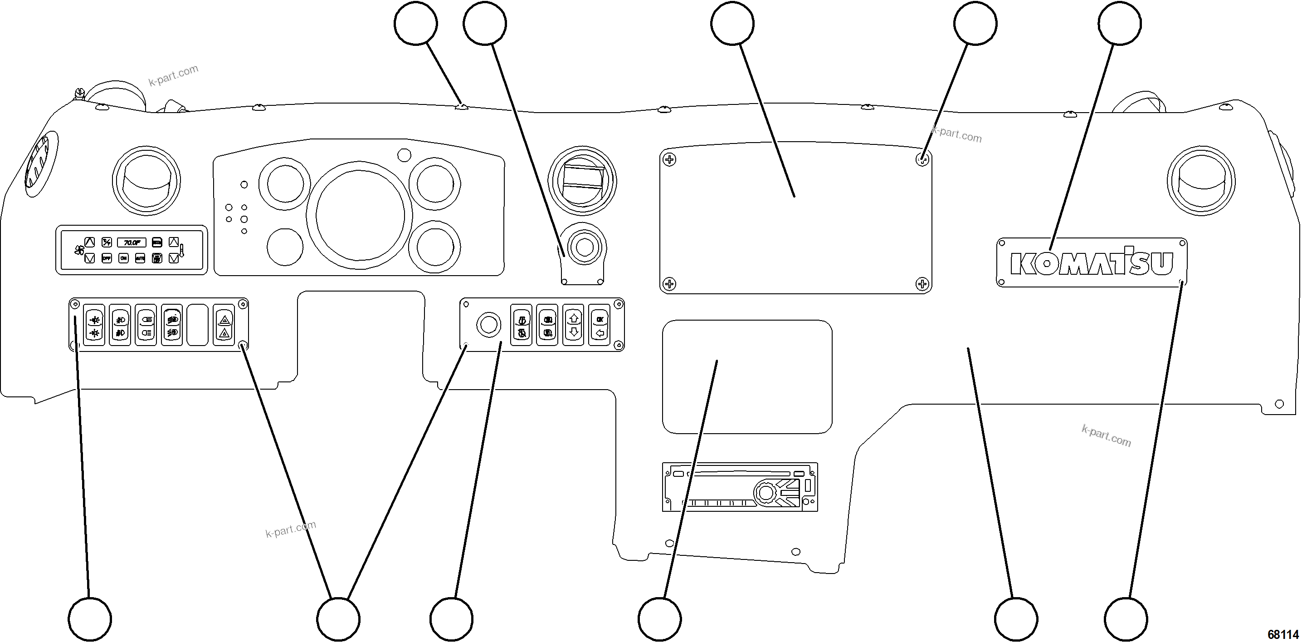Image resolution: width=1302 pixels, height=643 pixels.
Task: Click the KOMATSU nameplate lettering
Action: point(1091,263)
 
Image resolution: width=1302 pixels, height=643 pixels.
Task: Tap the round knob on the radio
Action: point(766,492)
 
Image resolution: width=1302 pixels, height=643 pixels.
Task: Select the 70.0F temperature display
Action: point(132,242)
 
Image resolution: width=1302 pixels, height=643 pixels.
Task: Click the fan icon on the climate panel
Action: point(79,250)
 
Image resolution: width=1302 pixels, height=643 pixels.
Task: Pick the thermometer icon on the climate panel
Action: point(181,250)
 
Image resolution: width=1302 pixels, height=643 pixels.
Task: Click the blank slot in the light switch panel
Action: point(198,325)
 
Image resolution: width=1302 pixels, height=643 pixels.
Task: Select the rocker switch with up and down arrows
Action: point(573,325)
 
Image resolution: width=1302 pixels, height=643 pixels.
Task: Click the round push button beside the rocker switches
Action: point(488,325)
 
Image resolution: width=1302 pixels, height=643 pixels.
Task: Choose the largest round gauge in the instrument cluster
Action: point(360,214)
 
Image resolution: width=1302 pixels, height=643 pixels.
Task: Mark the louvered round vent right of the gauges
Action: point(582,181)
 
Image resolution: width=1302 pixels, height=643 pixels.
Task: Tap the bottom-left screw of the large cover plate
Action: point(669,283)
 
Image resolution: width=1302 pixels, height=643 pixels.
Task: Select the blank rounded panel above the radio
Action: point(746,376)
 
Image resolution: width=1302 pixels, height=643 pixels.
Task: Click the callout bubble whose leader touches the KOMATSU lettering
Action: point(1119,23)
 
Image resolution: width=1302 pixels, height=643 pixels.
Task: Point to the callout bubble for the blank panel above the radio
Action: point(659,619)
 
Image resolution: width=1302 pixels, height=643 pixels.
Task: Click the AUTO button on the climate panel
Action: point(140,258)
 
